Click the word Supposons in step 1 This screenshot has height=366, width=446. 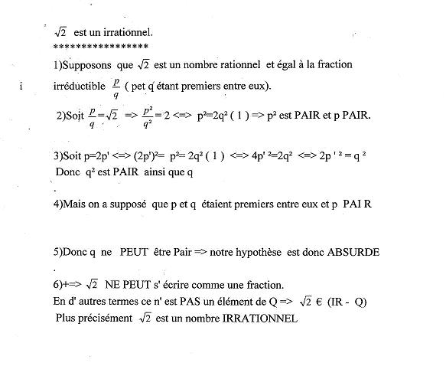coord(87,64)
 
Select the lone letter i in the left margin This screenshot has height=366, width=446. coord(22,86)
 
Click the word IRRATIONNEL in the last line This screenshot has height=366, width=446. coord(259,318)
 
